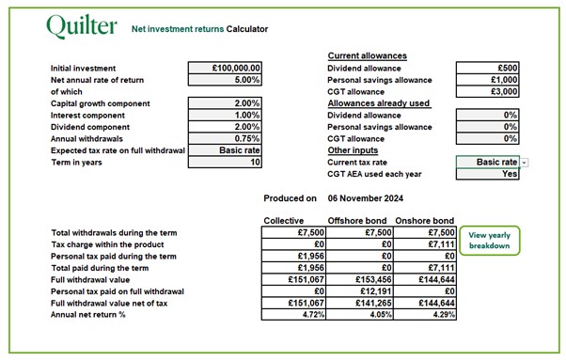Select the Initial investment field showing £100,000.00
pyautogui.click(x=226, y=69)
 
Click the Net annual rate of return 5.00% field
pyautogui.click(x=226, y=80)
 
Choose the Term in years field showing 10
pyautogui.click(x=226, y=162)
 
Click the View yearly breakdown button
pyautogui.click(x=490, y=241)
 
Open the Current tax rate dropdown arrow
pyautogui.click(x=524, y=163)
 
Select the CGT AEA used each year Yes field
pyautogui.click(x=487, y=174)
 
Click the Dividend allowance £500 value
pyautogui.click(x=487, y=69)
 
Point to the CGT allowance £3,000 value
pyautogui.click(x=487, y=92)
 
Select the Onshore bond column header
pyautogui.click(x=424, y=220)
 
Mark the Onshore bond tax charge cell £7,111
pyautogui.click(x=424, y=243)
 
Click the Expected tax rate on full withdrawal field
pyautogui.click(x=226, y=150)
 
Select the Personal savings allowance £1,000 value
pyautogui.click(x=487, y=80)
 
